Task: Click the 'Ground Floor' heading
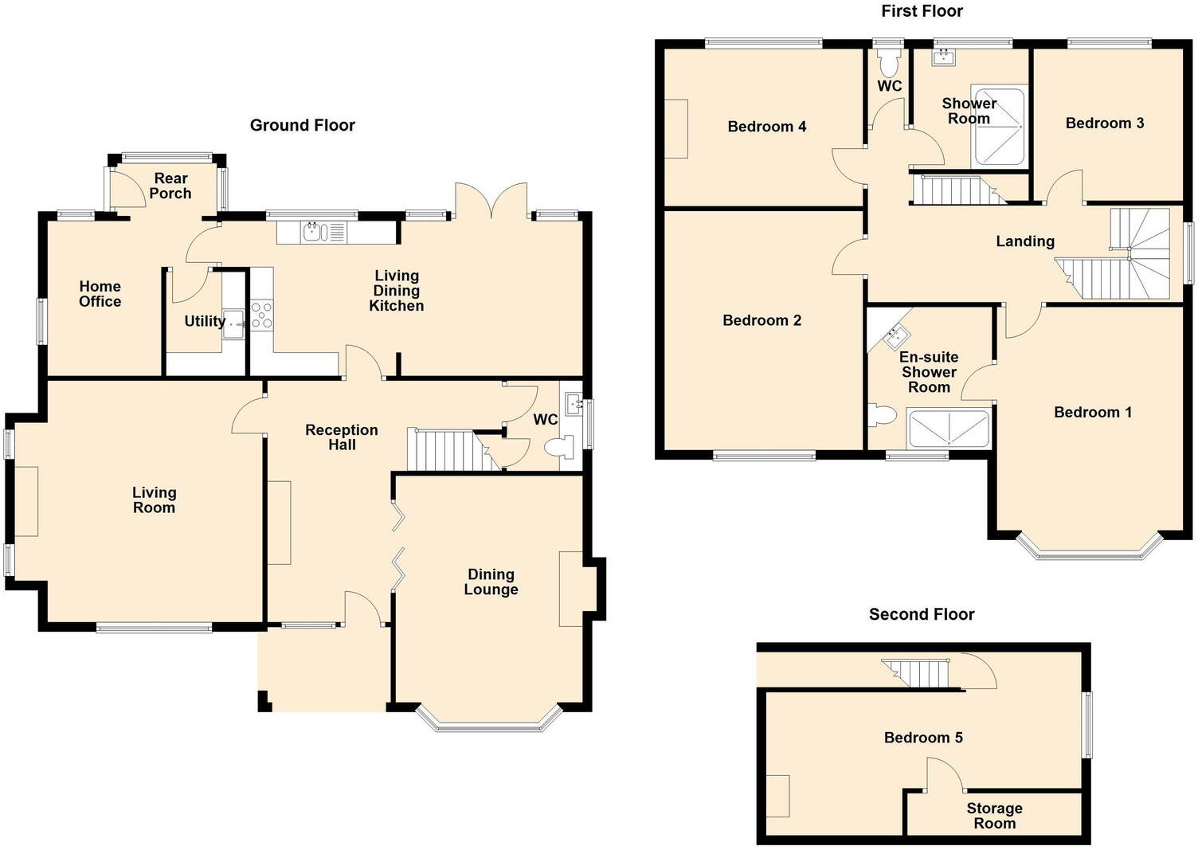(302, 125)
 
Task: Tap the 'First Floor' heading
(922, 11)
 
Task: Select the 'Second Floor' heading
(922, 614)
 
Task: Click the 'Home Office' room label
(100, 294)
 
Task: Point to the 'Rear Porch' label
(170, 186)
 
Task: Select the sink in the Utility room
(233, 324)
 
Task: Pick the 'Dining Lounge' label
(491, 582)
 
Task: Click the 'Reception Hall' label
(342, 437)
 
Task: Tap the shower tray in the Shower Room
(997, 127)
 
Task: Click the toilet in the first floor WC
(888, 61)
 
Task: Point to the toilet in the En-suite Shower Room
(883, 415)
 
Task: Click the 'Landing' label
(1024, 241)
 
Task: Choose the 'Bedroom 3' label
(1104, 123)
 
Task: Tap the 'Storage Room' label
(994, 816)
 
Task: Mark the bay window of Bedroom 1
(1088, 551)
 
